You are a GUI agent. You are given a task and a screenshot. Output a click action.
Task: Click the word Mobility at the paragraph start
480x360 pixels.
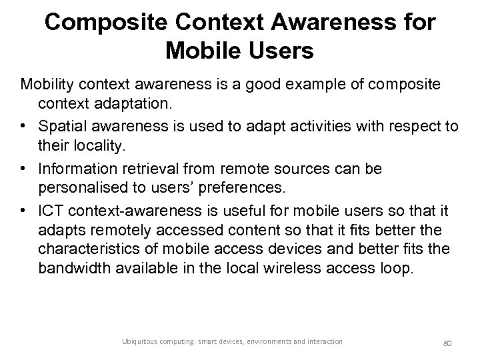point(48,85)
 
